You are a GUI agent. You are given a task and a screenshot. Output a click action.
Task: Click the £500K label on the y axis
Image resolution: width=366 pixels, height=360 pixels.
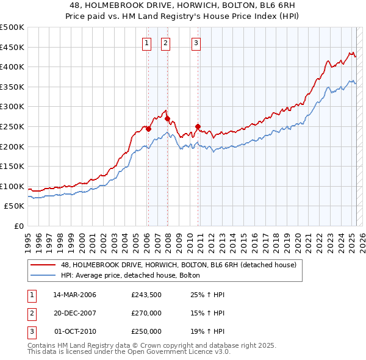pyautogui.click(x=13, y=27)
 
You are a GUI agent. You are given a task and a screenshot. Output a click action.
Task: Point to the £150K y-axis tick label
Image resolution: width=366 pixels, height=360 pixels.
pyautogui.click(x=13, y=166)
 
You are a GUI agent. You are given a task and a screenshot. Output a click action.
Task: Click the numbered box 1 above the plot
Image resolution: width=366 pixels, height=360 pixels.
pyautogui.click(x=148, y=43)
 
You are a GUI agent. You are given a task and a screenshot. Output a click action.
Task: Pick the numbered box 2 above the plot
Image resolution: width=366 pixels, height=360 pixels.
pyautogui.click(x=166, y=43)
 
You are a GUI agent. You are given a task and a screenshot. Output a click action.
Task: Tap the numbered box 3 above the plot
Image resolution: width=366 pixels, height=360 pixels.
pyautogui.click(x=196, y=43)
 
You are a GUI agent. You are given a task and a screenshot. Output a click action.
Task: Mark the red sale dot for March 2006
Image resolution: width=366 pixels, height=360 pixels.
pyautogui.click(x=148, y=129)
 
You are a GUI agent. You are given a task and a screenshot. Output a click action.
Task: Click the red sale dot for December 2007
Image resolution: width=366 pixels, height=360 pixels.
pyautogui.click(x=167, y=118)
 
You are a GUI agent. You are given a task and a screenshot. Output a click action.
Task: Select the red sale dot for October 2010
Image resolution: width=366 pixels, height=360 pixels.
pyautogui.click(x=198, y=126)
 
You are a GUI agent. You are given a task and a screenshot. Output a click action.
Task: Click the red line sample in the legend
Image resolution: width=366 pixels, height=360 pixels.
pyautogui.click(x=43, y=265)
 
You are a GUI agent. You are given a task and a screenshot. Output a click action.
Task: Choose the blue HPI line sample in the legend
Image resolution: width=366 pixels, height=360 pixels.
pyautogui.click(x=43, y=275)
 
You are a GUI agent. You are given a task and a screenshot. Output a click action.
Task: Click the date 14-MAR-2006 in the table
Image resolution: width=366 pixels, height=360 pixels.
pyautogui.click(x=75, y=295)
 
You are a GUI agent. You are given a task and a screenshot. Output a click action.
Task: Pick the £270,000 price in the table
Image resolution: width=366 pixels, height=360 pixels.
pyautogui.click(x=146, y=313)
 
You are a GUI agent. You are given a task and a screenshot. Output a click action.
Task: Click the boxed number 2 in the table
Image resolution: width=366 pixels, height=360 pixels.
pyautogui.click(x=31, y=313)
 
